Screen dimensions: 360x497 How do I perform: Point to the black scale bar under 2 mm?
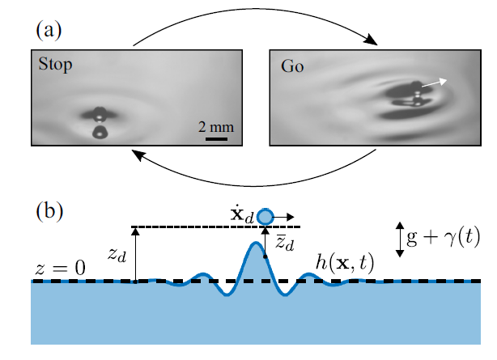click(x=215, y=138)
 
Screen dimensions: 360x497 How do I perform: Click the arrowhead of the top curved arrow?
click(x=374, y=43)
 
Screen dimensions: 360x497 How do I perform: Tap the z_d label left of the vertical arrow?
click(x=119, y=253)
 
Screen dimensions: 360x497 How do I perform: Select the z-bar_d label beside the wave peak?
click(x=283, y=244)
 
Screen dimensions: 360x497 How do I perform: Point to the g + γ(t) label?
click(x=444, y=239)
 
